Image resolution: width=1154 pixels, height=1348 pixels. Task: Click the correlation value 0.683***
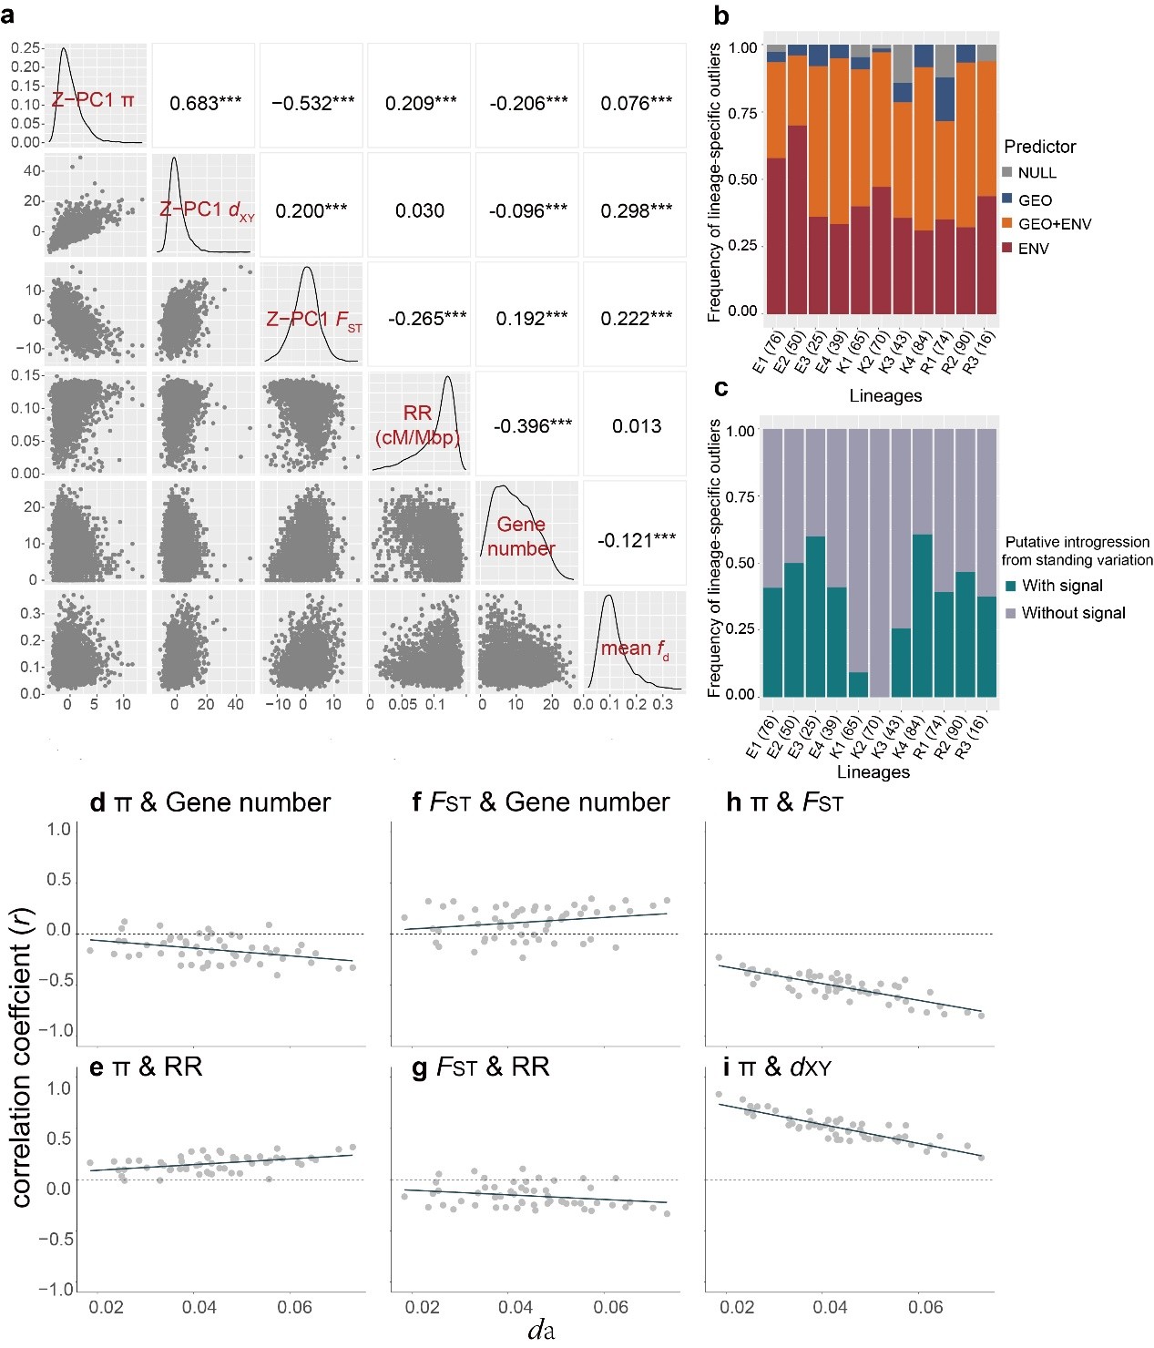[206, 104]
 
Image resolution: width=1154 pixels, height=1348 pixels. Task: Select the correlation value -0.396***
[533, 426]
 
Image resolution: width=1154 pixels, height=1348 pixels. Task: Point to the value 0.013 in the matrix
[637, 426]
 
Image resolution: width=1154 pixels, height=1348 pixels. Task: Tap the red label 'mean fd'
[635, 648]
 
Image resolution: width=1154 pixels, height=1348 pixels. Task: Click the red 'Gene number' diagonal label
[521, 536]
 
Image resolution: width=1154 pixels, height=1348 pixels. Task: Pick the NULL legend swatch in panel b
[1007, 172]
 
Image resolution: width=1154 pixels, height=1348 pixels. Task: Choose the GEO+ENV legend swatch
[1007, 223]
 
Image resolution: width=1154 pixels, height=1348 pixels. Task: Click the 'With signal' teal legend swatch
[1010, 586]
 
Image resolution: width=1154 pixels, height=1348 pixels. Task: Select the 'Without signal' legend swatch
[1010, 613]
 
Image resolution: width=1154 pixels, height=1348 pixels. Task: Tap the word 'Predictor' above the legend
[1039, 147]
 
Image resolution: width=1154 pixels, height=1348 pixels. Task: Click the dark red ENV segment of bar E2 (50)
[797, 220]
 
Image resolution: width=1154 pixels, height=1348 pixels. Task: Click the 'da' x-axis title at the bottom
[541, 1330]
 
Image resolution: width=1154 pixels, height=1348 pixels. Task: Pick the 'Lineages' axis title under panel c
[873, 772]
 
